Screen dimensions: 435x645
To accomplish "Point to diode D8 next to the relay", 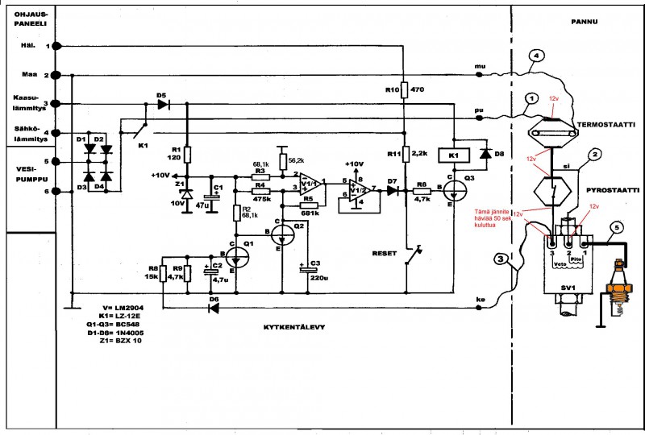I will point(485,151).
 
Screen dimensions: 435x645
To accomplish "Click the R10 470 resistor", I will point(403,90).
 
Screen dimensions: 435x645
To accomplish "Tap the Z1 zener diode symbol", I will point(186,195).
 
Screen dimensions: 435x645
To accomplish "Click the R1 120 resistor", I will point(186,154).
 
